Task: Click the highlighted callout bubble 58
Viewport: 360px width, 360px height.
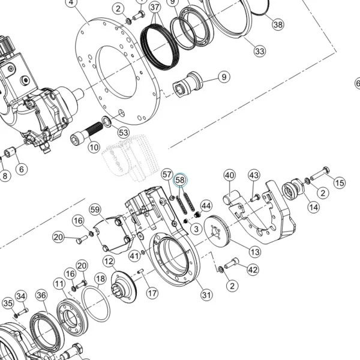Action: (x=180, y=180)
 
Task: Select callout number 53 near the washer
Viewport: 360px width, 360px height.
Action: (x=123, y=133)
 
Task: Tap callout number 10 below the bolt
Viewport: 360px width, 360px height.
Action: (x=94, y=147)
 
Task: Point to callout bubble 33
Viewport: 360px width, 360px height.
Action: (x=260, y=51)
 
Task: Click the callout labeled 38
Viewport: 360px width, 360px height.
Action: (x=278, y=25)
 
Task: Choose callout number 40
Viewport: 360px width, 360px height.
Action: (x=230, y=175)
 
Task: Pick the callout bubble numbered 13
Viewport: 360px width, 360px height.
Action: (x=255, y=252)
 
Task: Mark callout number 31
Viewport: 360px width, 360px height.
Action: (x=206, y=295)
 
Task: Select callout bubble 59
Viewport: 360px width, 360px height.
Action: (x=95, y=209)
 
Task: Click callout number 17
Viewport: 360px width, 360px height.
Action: (x=152, y=293)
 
